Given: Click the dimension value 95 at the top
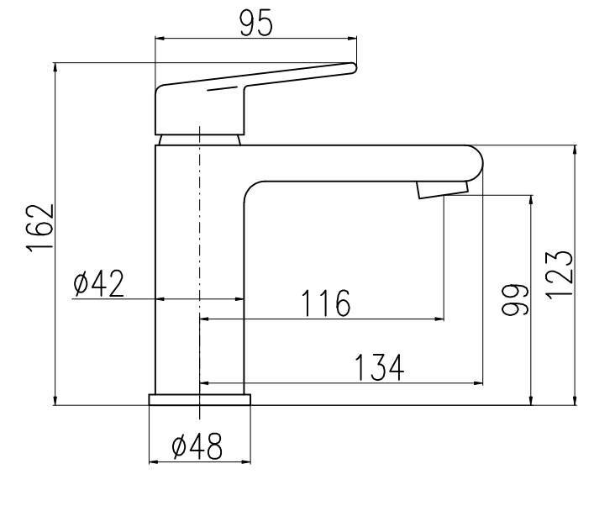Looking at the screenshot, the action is coord(255,24).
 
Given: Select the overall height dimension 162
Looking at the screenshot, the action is coord(39,227).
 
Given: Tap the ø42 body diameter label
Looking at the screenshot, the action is coord(99,283).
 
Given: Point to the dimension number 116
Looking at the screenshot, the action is coord(325,303).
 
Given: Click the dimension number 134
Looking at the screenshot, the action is coord(379,367).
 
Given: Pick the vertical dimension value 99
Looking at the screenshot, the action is coord(515,300).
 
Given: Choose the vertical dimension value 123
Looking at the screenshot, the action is coord(560,275).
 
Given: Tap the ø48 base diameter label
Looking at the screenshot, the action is coord(197,446).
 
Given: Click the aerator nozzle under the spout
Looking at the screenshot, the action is coord(443,190).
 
